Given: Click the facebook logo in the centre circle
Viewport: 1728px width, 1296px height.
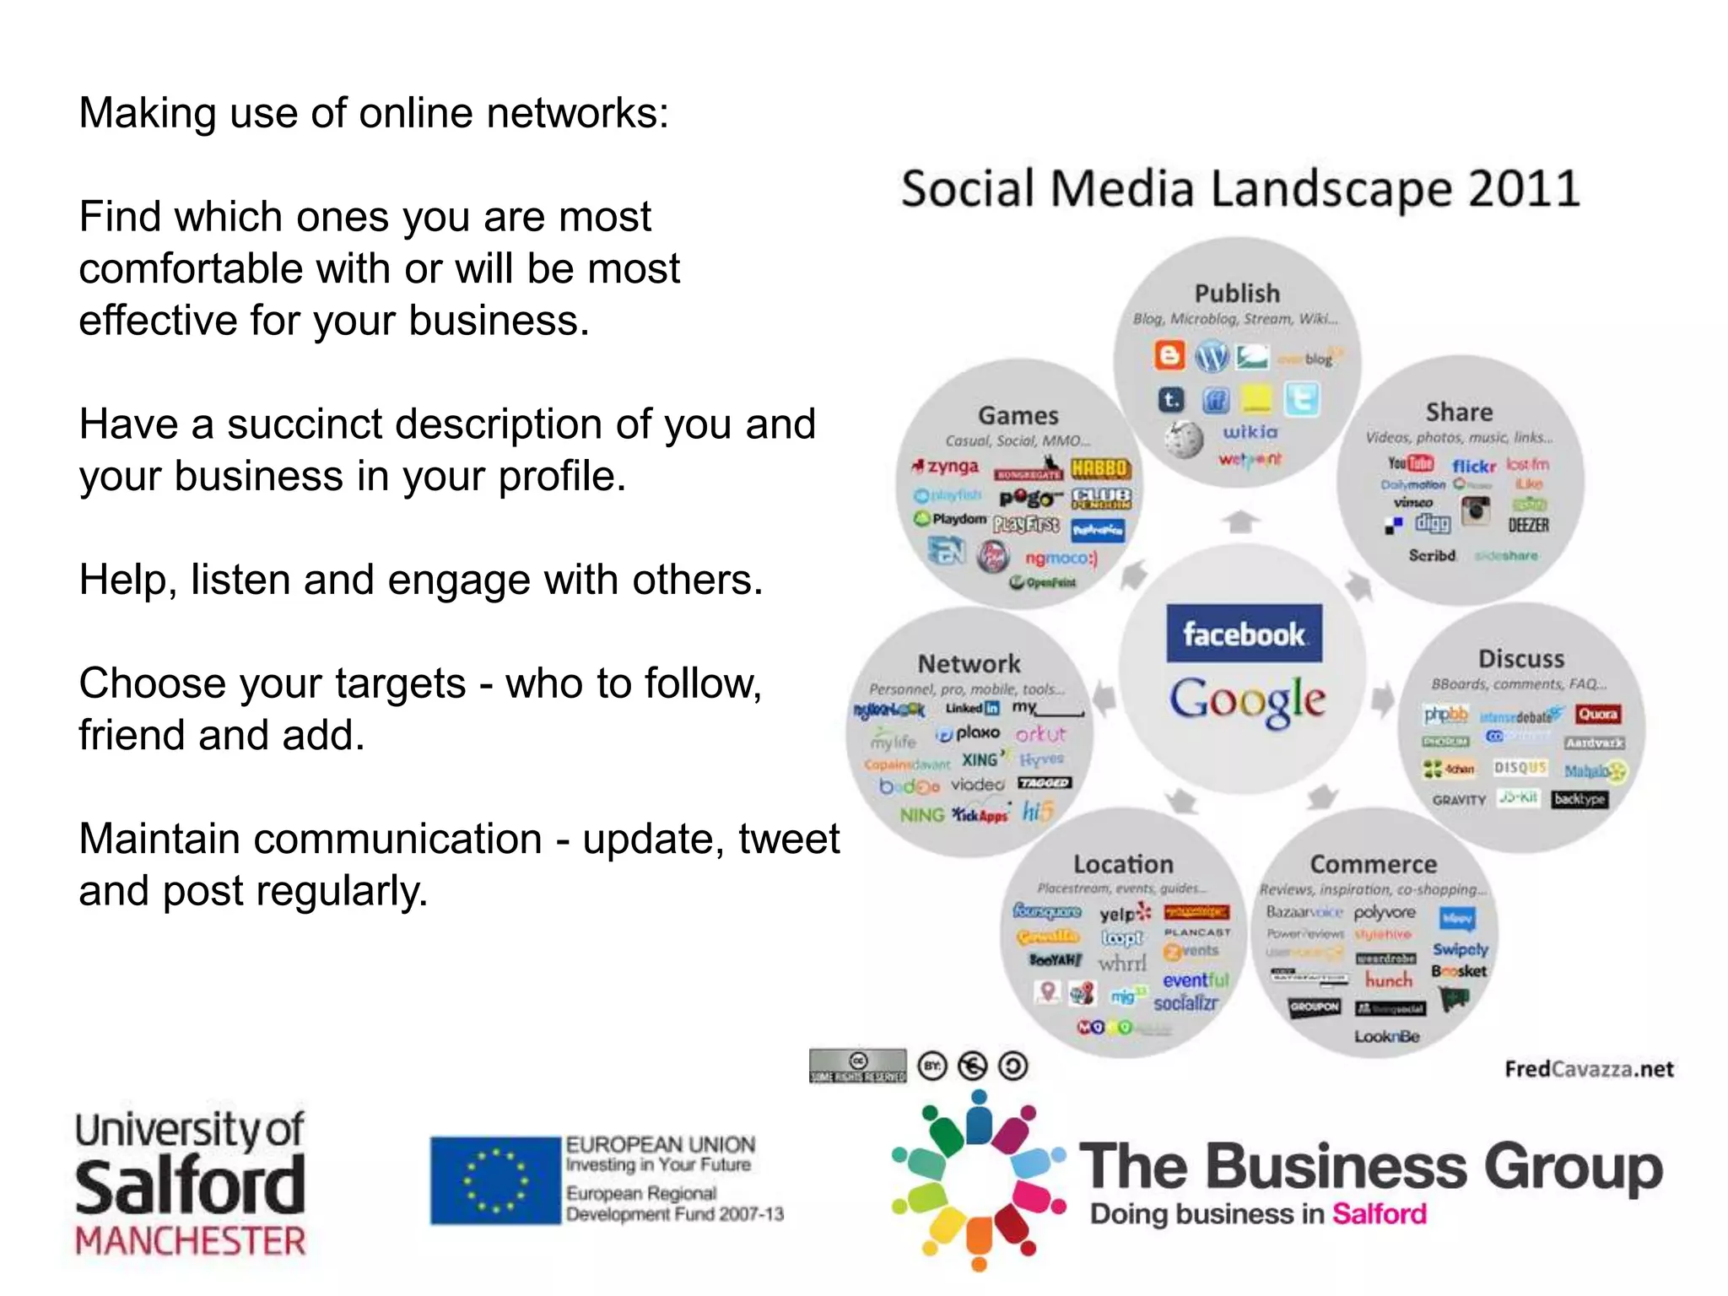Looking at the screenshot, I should [x=1244, y=634].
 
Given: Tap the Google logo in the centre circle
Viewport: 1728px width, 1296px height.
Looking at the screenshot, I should [x=1247, y=700].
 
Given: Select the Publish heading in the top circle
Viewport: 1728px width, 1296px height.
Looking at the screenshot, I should [x=1237, y=294].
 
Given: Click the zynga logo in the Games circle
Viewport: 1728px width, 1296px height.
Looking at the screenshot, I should [x=946, y=467].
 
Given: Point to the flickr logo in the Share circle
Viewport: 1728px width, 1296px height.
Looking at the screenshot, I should [x=1473, y=465].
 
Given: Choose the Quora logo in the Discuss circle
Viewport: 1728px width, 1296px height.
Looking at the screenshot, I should [x=1597, y=715].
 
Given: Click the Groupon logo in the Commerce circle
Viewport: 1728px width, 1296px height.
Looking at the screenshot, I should [x=1314, y=1007].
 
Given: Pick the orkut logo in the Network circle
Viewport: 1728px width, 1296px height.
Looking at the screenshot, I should [x=1040, y=734].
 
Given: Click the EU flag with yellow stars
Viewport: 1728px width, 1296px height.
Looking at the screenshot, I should [x=496, y=1180].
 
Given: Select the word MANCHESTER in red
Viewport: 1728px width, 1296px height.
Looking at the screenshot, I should [x=191, y=1241].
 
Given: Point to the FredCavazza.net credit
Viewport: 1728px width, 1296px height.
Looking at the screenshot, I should [x=1589, y=1069].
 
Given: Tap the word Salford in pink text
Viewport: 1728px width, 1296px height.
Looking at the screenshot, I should [x=1380, y=1213].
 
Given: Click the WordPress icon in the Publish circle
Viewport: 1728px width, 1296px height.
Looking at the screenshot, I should [x=1212, y=357].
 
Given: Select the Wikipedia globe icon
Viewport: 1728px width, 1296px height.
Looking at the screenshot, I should [x=1184, y=438].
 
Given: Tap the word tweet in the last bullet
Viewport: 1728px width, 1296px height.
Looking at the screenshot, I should [x=789, y=839].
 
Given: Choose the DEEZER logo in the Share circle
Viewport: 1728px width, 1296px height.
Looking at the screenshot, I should [x=1528, y=525].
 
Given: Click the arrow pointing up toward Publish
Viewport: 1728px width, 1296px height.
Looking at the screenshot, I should [x=1240, y=521].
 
